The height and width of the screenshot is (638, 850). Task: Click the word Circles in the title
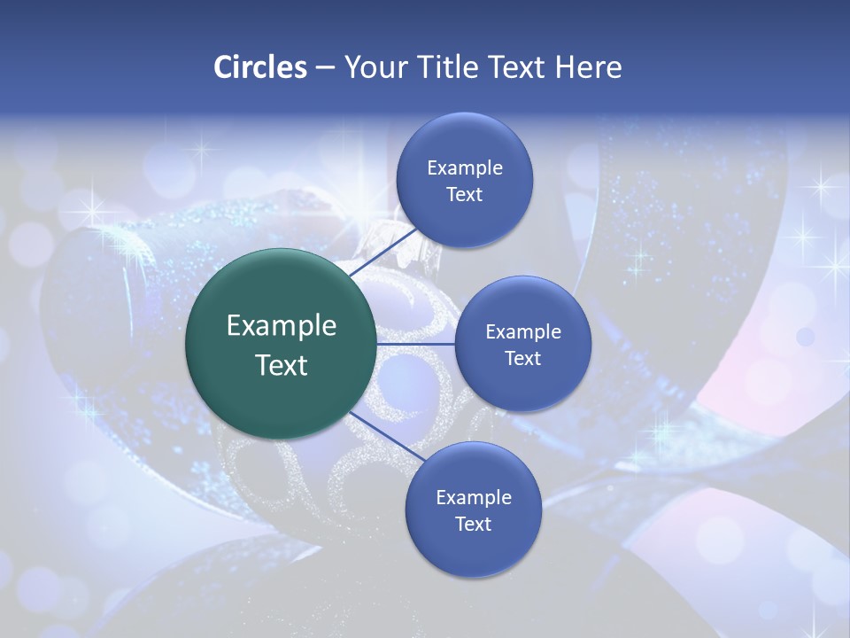pos(260,67)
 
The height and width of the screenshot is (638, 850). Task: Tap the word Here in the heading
pos(588,67)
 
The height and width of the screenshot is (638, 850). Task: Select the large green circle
pos(282,344)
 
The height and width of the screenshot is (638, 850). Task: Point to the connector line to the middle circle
pos(416,344)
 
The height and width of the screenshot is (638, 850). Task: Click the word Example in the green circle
pos(282,326)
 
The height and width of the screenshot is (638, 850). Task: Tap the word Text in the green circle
pos(282,365)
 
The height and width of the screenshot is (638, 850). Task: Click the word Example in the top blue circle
pos(464,168)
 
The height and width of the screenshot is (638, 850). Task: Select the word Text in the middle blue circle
pos(522,358)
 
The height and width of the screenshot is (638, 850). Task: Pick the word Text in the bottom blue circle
pos(473,524)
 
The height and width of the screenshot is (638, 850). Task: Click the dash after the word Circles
pos(325,68)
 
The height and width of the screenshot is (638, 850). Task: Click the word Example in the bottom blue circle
pos(473,497)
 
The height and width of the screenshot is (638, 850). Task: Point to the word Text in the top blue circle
pos(464,194)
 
